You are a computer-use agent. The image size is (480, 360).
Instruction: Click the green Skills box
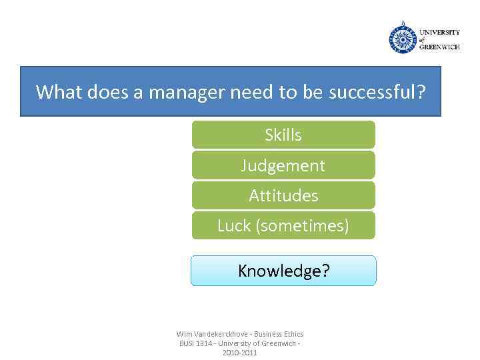[283, 135]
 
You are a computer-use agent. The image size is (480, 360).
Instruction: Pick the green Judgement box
[283, 165]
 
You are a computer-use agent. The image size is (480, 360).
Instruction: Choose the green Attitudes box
[283, 195]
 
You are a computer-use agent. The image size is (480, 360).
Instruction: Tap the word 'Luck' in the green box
[233, 226]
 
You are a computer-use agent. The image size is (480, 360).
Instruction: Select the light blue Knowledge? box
[283, 271]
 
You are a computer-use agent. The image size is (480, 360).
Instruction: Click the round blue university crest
[403, 38]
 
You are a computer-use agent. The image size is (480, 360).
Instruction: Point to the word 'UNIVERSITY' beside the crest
[439, 32]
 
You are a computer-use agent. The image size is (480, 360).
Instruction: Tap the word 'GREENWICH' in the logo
[439, 47]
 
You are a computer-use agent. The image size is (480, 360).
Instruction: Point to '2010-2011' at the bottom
[239, 353]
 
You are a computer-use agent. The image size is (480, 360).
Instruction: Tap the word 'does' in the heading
[107, 91]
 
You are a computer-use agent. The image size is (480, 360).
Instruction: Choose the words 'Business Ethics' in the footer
[279, 334]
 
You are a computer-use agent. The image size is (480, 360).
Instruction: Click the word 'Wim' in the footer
[184, 334]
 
